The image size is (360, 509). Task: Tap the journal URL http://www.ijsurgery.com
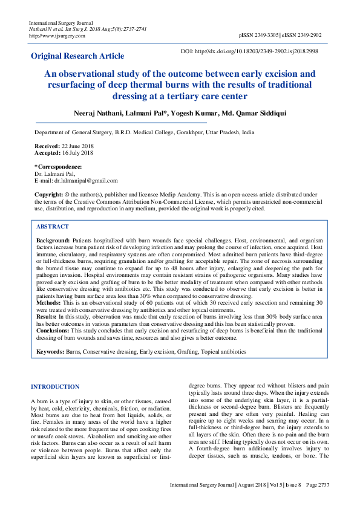57,36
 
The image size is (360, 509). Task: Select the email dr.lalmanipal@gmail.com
85,180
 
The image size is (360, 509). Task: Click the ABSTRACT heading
53,226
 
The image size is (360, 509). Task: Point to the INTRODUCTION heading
55,386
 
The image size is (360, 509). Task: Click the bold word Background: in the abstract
53,241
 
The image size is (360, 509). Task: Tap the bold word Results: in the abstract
47,316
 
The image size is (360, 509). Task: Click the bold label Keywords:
50,351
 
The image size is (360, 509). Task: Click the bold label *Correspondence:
58,166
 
